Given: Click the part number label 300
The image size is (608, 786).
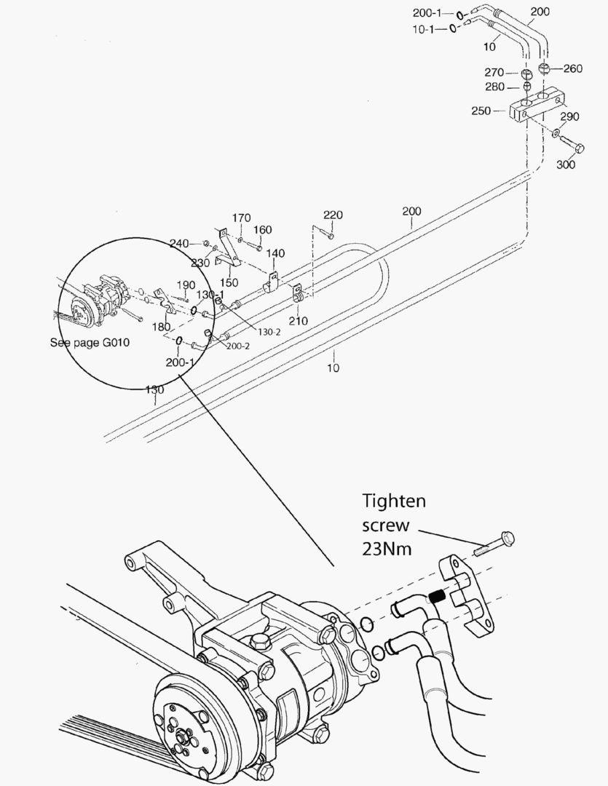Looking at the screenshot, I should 565,164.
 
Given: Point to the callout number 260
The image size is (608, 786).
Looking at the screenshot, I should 572,69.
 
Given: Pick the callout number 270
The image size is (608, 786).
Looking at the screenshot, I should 496,72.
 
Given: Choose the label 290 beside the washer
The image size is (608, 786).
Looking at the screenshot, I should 569,116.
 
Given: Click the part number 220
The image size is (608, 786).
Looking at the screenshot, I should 333,215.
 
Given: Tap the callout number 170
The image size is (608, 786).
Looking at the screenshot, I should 242,218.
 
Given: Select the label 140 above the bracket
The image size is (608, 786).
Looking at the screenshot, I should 275,253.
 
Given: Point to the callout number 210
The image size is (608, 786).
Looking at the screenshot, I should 298,320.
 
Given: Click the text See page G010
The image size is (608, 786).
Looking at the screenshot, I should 90,342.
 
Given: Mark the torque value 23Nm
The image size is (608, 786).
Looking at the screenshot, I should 387,549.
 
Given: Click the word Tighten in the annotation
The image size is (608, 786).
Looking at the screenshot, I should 394,501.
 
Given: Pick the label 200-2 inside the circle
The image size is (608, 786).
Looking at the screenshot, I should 237,346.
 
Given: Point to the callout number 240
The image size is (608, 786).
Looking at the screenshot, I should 179,244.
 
